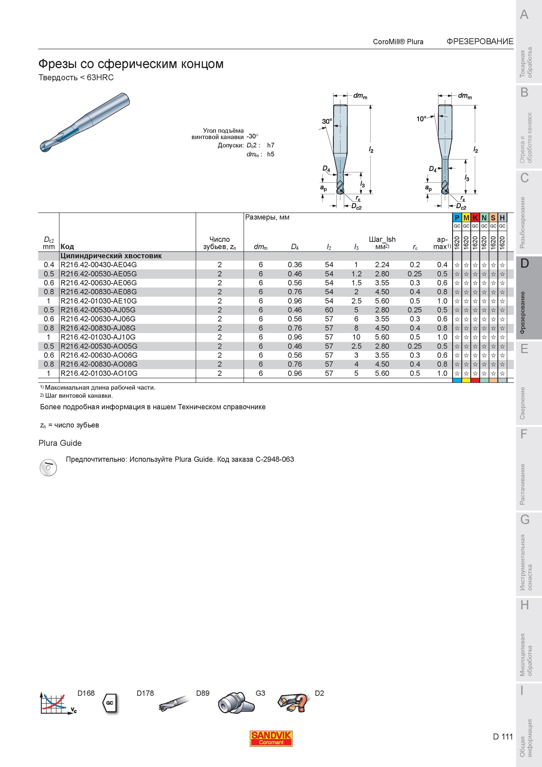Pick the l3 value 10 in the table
pyautogui.click(x=356, y=337)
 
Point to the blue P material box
pyautogui.click(x=457, y=218)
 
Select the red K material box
pyautogui.click(x=475, y=218)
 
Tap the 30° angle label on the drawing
pyautogui.click(x=327, y=122)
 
